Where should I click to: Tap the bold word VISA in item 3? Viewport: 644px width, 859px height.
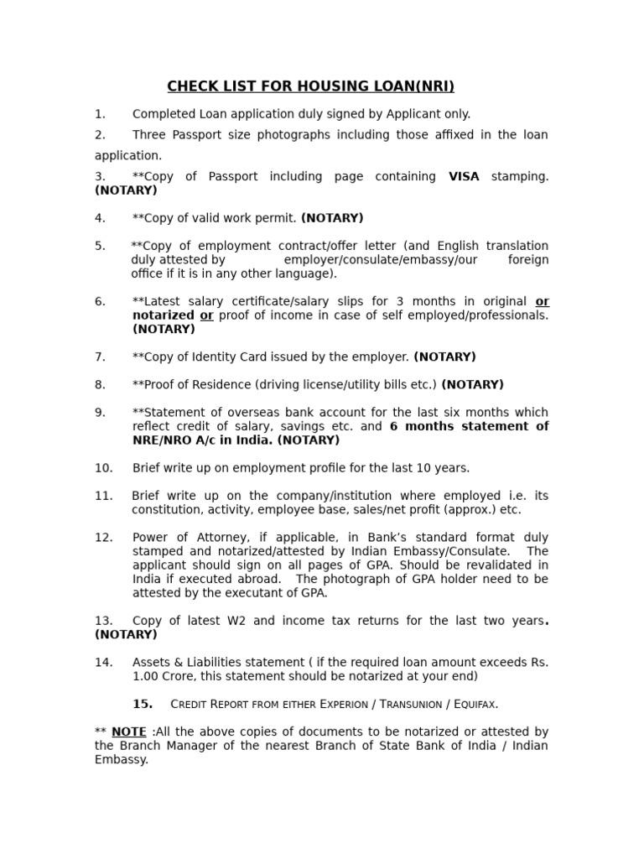pyautogui.click(x=464, y=177)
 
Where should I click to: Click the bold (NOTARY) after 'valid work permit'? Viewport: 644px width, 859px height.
pyautogui.click(x=332, y=218)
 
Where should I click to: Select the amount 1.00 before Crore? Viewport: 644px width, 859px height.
pyautogui.click(x=146, y=676)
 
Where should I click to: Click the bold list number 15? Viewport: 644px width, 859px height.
pyautogui.click(x=143, y=704)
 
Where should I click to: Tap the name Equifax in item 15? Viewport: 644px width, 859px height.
pyautogui.click(x=475, y=705)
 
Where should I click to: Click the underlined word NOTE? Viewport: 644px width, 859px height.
pyautogui.click(x=129, y=732)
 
